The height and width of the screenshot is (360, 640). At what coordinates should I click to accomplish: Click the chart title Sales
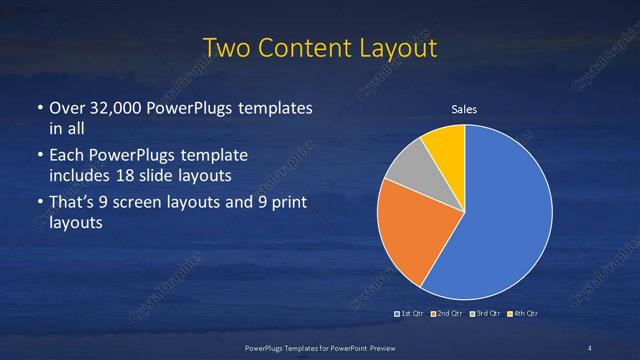(x=464, y=109)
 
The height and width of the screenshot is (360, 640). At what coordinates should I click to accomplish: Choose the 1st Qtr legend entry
(x=410, y=315)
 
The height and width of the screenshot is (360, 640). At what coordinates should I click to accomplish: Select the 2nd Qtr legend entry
(x=446, y=315)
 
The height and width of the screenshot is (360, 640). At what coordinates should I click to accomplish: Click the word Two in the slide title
(x=226, y=48)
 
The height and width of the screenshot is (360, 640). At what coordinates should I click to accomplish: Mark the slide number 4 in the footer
(x=590, y=347)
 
